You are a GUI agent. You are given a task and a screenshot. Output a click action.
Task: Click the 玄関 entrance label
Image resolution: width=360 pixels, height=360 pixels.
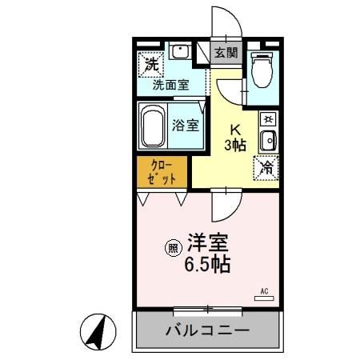226,53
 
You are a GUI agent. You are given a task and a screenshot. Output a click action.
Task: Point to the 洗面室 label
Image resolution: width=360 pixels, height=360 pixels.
170,83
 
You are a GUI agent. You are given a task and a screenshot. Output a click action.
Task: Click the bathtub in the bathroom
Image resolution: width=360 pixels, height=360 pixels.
154,125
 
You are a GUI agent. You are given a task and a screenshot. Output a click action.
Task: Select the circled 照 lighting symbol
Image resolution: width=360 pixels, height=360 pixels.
172,248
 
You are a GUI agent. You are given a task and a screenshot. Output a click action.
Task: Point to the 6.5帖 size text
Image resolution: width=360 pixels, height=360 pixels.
209,265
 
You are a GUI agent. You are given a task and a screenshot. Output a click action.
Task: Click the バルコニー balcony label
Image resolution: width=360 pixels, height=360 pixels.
207,330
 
